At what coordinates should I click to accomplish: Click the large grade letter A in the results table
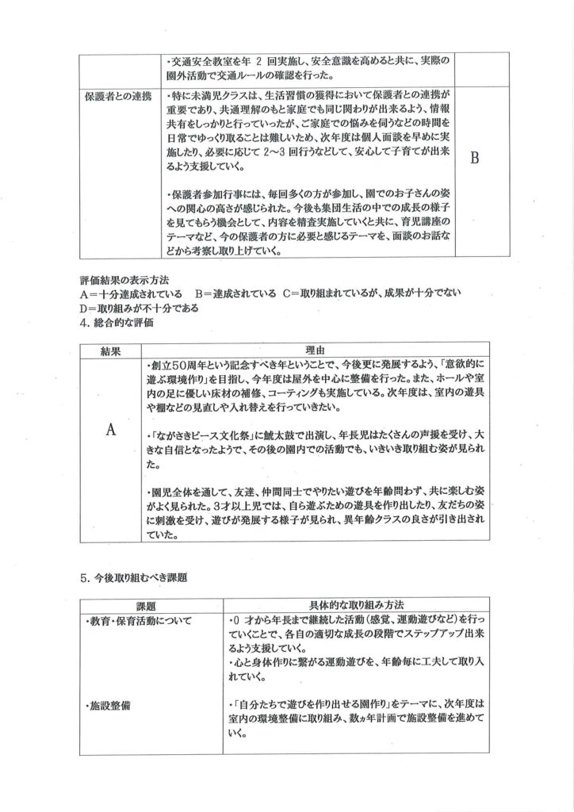click(111, 429)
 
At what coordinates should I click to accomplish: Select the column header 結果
click(111, 350)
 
